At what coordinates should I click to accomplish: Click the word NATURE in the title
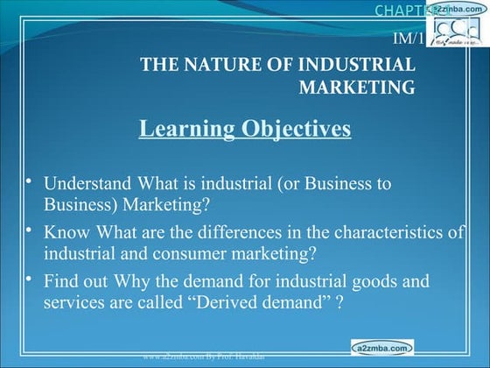coord(220,65)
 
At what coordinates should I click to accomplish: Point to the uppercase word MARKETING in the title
coord(357,87)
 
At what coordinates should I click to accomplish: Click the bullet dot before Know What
coord(28,230)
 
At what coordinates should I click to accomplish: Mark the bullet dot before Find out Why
coord(28,279)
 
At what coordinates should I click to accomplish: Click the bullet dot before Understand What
coord(28,182)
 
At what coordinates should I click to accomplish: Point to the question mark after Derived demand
coord(336,302)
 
